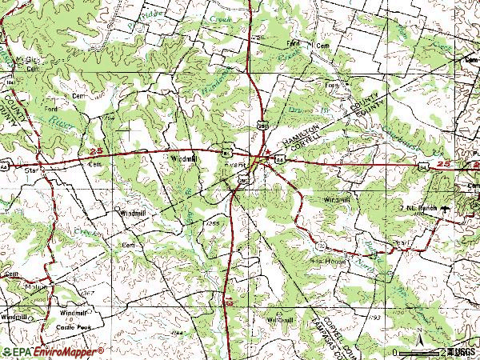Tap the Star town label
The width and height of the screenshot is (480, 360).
point(31,170)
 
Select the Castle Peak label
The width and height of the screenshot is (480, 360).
point(74,328)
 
